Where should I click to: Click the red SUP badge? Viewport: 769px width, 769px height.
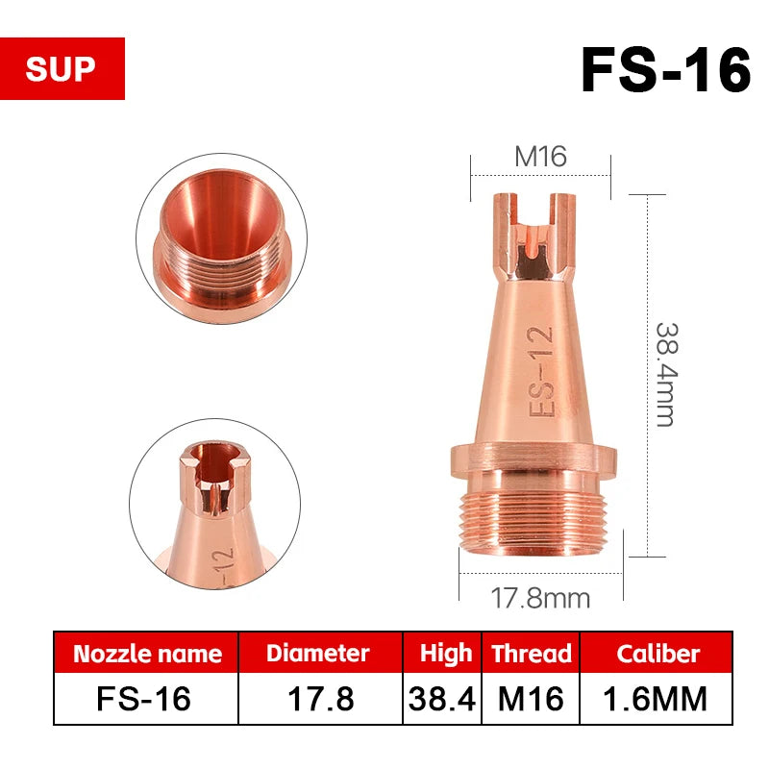click(62, 69)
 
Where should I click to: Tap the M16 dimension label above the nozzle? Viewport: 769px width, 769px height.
click(540, 157)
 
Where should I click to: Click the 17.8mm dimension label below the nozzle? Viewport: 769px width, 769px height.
click(540, 598)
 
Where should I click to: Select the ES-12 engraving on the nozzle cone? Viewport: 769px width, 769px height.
click(541, 371)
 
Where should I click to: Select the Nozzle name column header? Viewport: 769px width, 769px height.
click(147, 655)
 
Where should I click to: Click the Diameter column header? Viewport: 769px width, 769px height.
click(318, 655)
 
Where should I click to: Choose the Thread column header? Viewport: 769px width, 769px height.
click(531, 655)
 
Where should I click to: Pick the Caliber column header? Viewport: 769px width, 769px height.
click(658, 655)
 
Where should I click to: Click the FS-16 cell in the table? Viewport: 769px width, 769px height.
click(147, 699)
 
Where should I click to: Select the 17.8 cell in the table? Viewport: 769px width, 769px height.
click(318, 699)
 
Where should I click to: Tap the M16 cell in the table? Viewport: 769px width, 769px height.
click(531, 699)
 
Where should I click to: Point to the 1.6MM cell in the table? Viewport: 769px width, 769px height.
click(658, 699)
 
